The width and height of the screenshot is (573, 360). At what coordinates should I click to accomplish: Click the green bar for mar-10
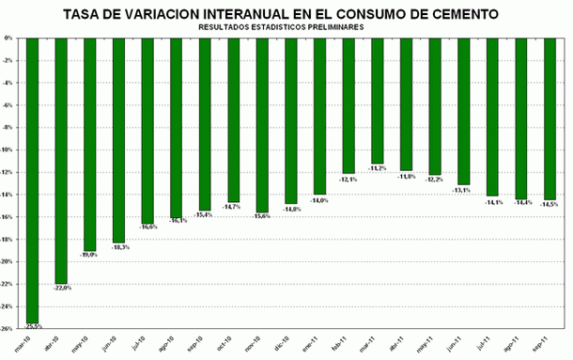[33, 179]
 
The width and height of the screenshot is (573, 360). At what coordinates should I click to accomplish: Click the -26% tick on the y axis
[8, 329]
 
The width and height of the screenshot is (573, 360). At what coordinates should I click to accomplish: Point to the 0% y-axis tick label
[10, 39]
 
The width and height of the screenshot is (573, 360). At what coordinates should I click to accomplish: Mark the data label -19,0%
[90, 255]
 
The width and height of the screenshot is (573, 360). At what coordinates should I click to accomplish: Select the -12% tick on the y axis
[8, 172]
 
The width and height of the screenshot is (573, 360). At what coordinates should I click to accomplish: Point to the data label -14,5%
[550, 204]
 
